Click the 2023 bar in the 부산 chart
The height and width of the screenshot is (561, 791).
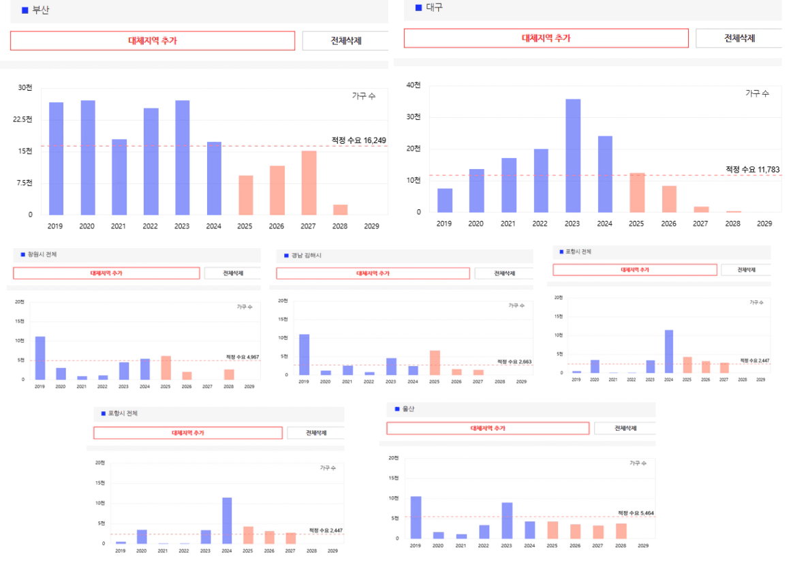(182, 157)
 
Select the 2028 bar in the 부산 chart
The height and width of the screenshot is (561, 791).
(340, 209)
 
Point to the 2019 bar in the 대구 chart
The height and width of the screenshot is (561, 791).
(444, 200)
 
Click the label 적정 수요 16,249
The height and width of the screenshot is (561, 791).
(359, 140)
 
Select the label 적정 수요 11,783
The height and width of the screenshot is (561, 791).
(752, 169)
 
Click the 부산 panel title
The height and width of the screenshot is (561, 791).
(41, 10)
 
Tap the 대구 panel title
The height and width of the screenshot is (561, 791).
(434, 7)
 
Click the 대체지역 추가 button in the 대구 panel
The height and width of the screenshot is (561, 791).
(546, 38)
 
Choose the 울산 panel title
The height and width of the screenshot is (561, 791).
(409, 409)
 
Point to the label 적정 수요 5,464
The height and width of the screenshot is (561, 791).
(636, 513)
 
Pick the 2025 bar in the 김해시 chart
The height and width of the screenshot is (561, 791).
(435, 363)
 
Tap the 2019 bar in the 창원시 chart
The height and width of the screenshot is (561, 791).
(40, 358)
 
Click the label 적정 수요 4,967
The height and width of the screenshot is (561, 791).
(243, 357)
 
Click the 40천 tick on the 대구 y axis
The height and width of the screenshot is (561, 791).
(414, 85)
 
